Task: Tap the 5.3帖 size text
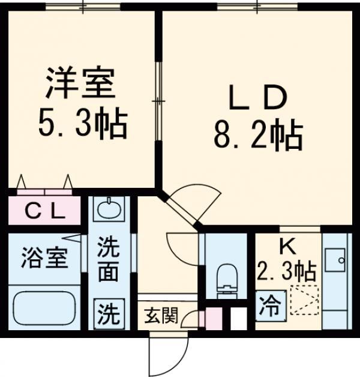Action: [x=82, y=124]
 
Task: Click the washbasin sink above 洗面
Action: [x=108, y=211]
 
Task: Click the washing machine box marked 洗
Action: [x=109, y=312]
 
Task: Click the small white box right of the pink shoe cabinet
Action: [x=238, y=318]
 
